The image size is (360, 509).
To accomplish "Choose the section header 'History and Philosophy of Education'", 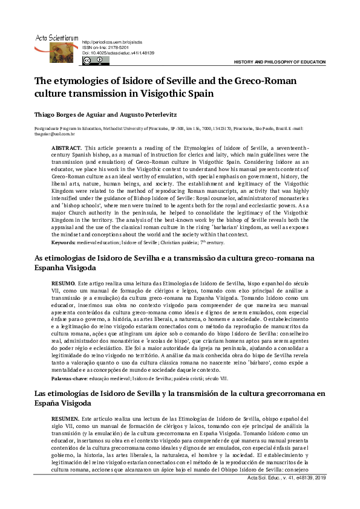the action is coord(280,62).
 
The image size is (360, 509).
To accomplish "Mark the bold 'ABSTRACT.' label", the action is coord(67,148).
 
